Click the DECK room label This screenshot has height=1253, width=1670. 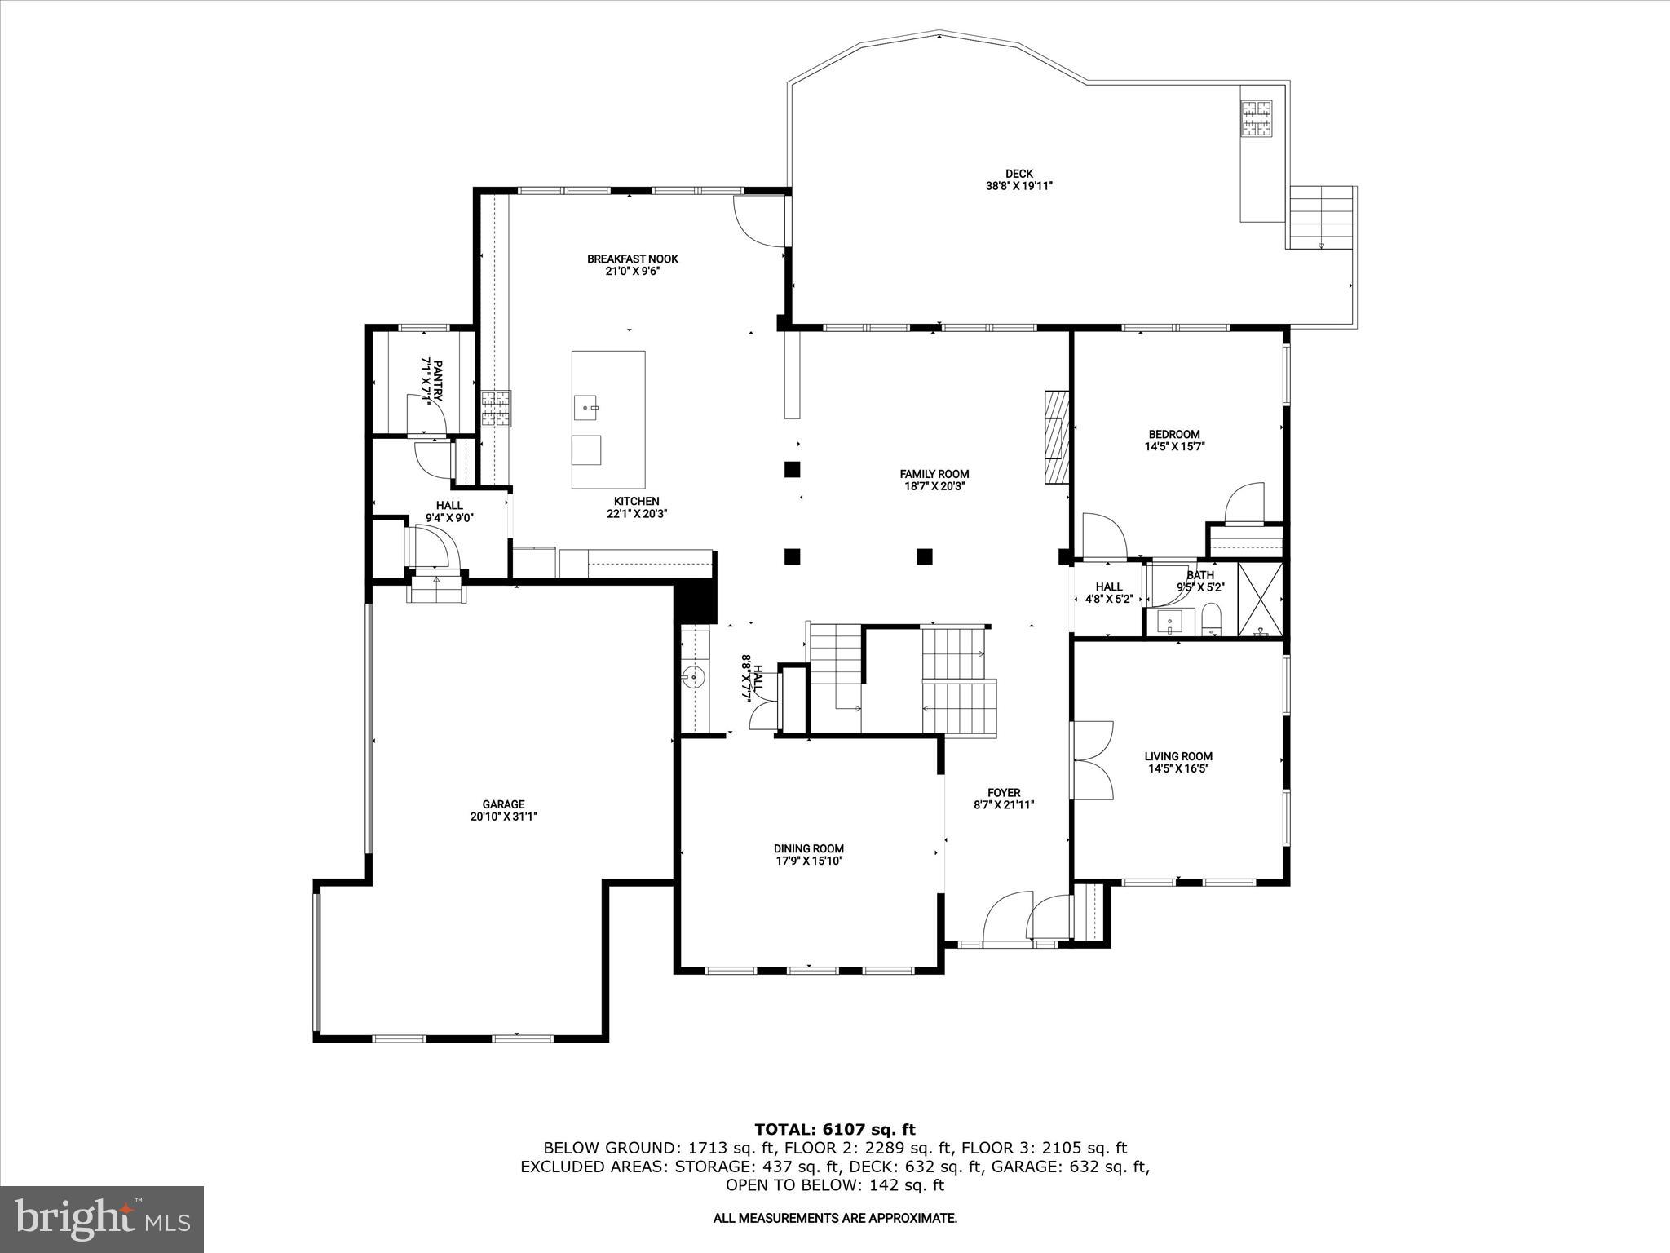point(1018,174)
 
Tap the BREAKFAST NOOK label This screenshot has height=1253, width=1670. point(632,259)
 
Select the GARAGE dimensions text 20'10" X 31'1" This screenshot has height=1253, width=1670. point(503,816)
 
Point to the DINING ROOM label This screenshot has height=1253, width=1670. point(808,848)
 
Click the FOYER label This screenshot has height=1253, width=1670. point(1003,793)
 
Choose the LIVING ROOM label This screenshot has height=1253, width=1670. point(1177,756)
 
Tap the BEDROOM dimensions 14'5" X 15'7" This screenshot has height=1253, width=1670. point(1174,446)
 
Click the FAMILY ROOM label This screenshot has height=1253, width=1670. point(934,474)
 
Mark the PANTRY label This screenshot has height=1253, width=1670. point(438,380)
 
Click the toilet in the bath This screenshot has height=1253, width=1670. point(1212,620)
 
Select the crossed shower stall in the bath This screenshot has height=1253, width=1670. point(1259,599)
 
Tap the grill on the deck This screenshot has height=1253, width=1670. point(1257,117)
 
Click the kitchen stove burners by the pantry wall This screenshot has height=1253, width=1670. point(495,409)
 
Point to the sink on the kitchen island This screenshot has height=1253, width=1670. point(585,405)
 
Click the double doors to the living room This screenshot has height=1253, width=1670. point(1093,759)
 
